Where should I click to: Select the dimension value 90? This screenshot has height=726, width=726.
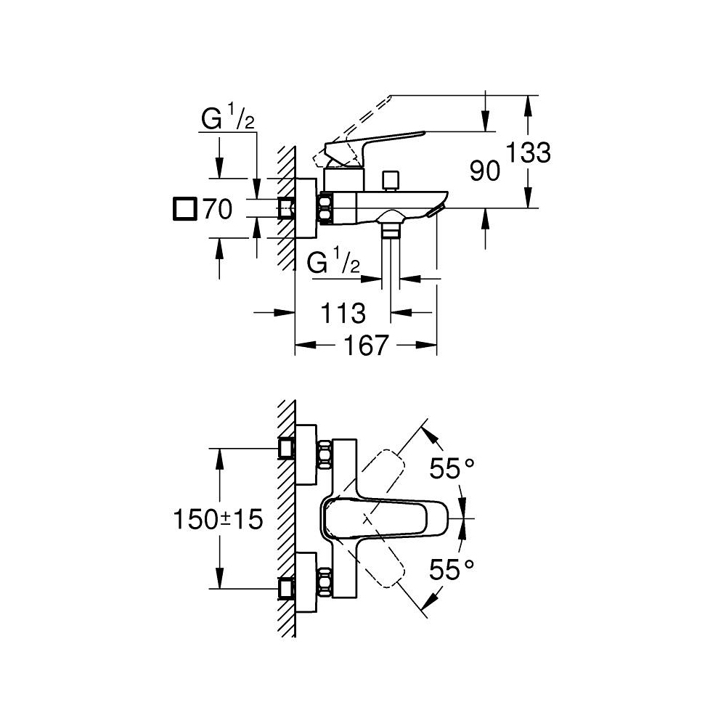point(484,172)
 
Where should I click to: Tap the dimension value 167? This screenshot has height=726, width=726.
point(366,346)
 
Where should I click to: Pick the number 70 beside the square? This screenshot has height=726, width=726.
point(216,210)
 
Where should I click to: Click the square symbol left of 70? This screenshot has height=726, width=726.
point(184,209)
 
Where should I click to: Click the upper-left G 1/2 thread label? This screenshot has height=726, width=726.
point(227,119)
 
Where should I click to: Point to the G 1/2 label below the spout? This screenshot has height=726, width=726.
point(333,263)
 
